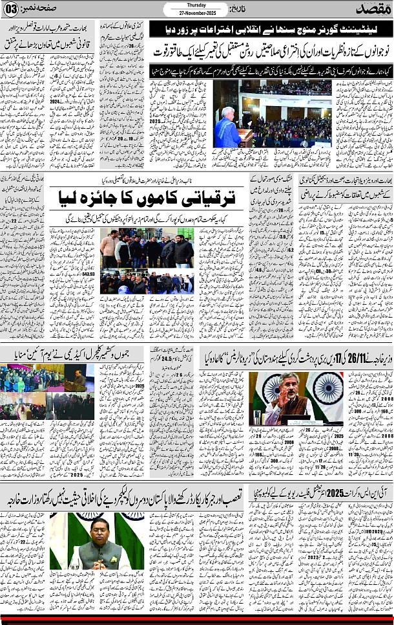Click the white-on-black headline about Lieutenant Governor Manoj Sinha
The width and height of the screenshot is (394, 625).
(267, 30)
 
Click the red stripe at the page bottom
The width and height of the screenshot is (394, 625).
(197, 614)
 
